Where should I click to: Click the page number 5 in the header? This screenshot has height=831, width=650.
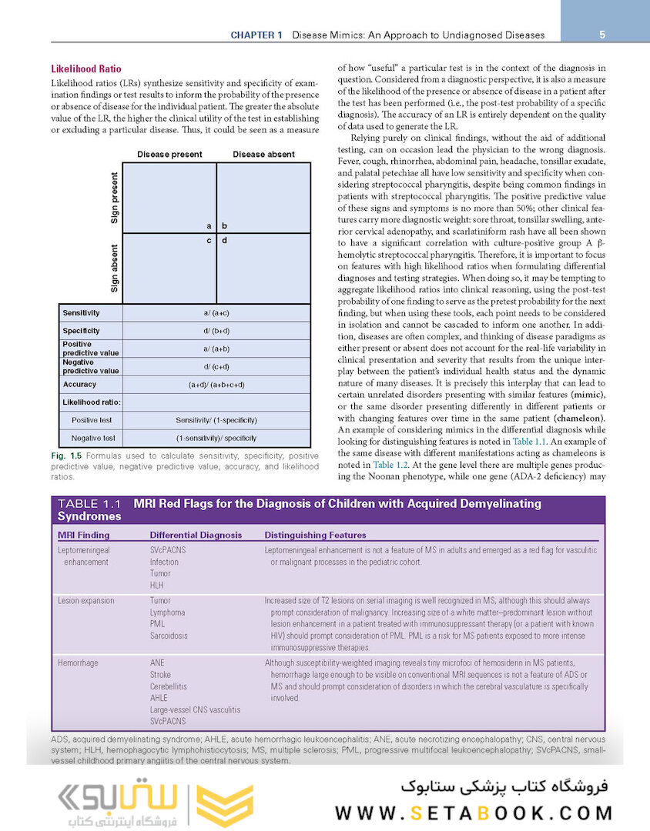[x=601, y=35]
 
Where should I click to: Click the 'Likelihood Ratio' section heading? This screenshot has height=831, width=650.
[x=85, y=68]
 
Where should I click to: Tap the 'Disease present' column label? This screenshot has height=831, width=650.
[x=169, y=154]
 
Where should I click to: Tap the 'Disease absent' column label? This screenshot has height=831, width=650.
[x=263, y=154]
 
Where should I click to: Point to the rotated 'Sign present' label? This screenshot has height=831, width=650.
[x=114, y=198]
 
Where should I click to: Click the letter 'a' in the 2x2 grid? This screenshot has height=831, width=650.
[x=209, y=226]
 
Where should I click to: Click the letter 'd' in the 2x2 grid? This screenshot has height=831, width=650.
[x=225, y=240]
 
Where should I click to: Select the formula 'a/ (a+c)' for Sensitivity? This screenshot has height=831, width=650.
[x=216, y=313]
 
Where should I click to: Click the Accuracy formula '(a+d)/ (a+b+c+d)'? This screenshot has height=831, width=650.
[x=216, y=384]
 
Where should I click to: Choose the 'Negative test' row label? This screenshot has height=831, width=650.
[x=93, y=438]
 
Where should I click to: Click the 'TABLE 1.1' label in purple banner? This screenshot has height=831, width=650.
[x=89, y=504]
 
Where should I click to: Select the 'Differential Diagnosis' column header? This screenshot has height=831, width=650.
[x=196, y=535]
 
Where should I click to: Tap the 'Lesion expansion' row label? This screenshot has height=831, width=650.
[x=86, y=600]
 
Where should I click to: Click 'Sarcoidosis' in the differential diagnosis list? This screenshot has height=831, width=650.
[x=169, y=636]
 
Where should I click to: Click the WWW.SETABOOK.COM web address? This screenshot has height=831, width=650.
[x=474, y=813]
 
